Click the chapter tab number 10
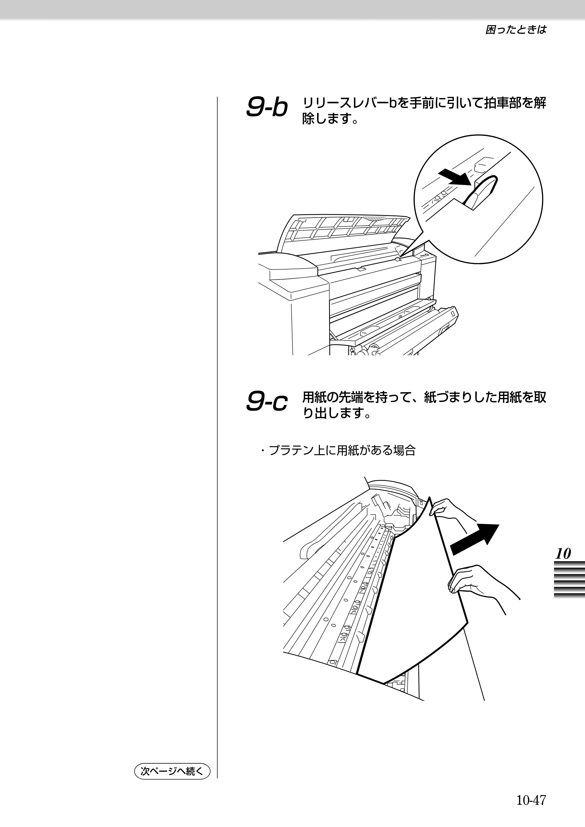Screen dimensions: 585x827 coord(563,553)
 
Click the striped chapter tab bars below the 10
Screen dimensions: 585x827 coord(569,580)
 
